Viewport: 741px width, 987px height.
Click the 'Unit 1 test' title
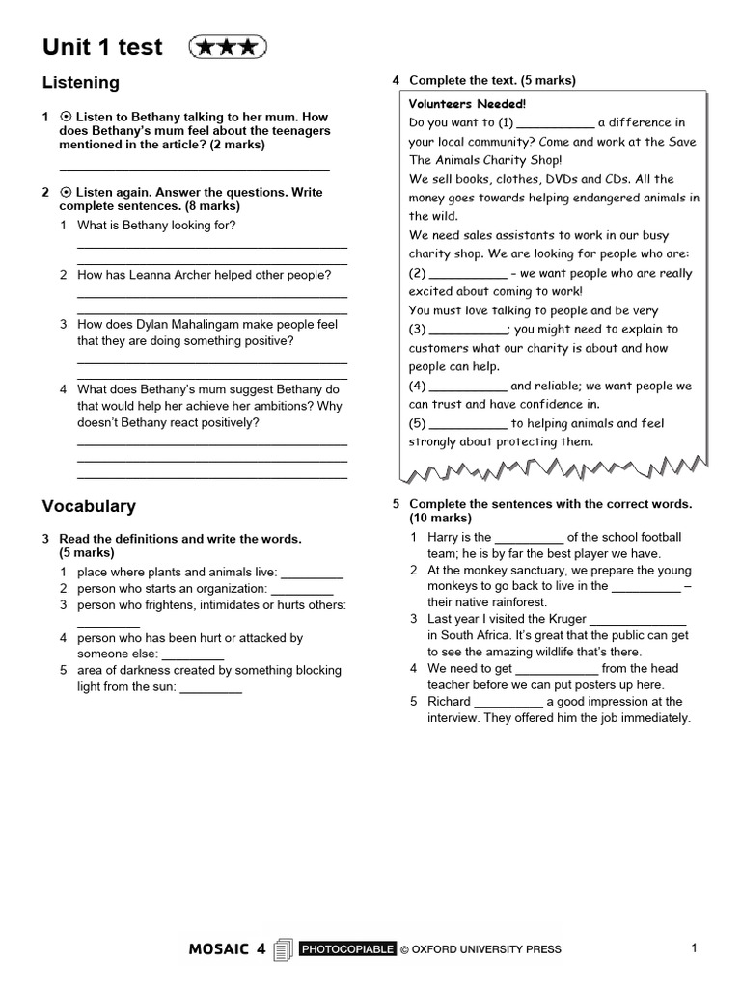tap(102, 47)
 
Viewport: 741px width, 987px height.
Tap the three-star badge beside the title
tap(228, 46)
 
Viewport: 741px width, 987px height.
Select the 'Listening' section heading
tap(81, 83)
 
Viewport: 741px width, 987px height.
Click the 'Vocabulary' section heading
tap(89, 506)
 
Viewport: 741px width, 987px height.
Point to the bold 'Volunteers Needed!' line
tap(468, 103)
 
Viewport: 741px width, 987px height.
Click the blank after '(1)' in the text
tap(556, 123)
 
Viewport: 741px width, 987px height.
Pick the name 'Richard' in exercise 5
tap(450, 702)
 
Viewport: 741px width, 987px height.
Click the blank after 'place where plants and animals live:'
tap(312, 573)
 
